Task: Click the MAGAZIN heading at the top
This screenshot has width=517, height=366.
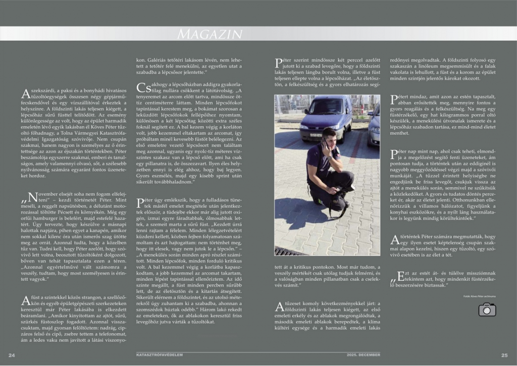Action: click(x=210, y=34)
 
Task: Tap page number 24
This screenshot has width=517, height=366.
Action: click(x=12, y=355)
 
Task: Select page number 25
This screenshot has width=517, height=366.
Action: click(x=504, y=355)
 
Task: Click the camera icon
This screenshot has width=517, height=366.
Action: click(x=487, y=309)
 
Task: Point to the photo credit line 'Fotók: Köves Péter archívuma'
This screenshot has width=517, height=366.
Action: click(x=479, y=296)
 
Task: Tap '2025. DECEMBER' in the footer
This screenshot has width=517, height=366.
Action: click(x=364, y=355)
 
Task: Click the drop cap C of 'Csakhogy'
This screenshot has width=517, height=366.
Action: click(x=142, y=87)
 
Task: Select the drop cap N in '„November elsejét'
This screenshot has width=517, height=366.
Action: click(x=31, y=197)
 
